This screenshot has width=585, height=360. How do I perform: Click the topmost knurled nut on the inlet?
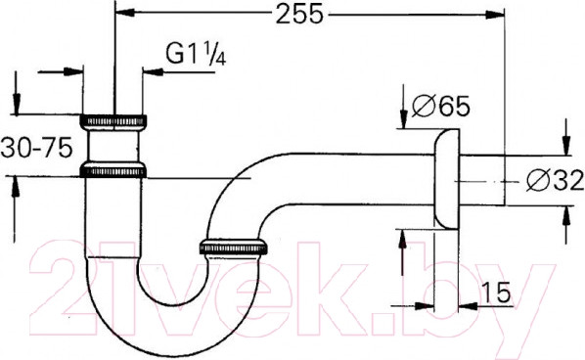pos(114,122)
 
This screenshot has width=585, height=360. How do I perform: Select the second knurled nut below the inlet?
pos(114,171)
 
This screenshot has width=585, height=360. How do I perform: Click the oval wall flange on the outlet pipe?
pos(445,182)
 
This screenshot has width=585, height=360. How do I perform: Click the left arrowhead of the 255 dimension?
pos(123,14)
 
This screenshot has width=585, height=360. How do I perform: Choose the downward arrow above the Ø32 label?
pos(564,143)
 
